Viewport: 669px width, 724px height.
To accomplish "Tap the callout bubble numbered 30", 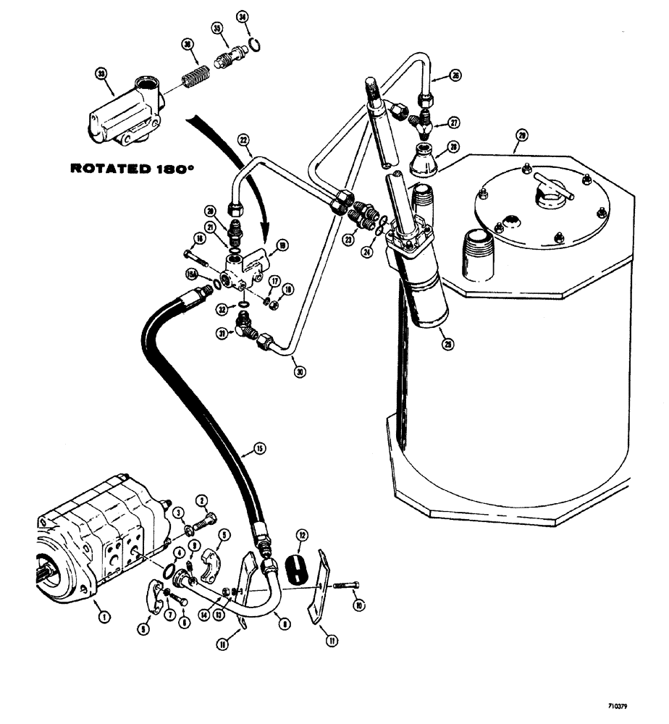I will coord(300,372).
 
